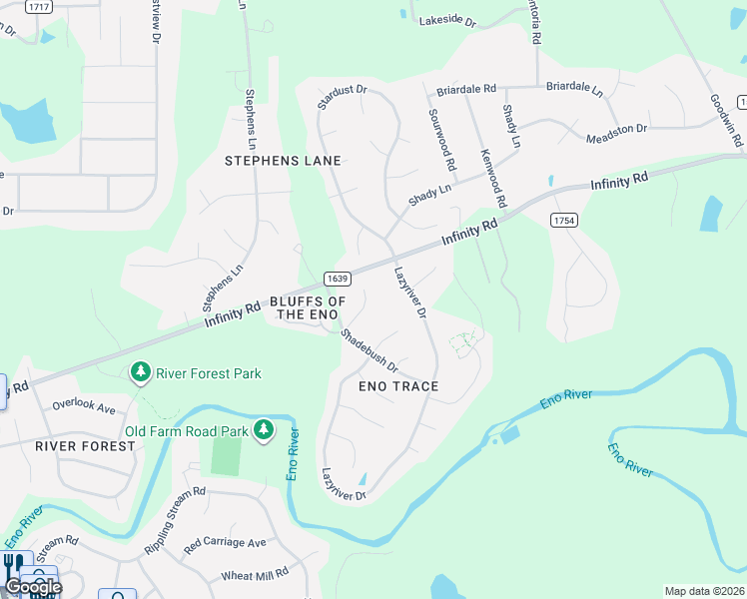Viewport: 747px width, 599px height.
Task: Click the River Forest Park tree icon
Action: [142, 373]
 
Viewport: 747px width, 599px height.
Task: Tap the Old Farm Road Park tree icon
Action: [264, 430]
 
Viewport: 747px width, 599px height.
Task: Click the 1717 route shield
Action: [39, 6]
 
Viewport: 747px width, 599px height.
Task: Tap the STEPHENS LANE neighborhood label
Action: [283, 160]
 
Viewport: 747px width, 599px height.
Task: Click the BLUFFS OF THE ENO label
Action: [308, 307]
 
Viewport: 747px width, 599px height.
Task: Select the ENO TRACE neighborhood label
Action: [399, 385]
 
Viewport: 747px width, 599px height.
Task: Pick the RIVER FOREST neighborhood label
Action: [85, 445]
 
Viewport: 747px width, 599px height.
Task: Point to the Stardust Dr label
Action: [343, 98]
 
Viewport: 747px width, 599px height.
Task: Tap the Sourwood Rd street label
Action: [441, 139]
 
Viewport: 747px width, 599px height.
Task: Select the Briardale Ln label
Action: [574, 89]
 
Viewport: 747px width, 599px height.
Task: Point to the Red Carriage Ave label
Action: [225, 542]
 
